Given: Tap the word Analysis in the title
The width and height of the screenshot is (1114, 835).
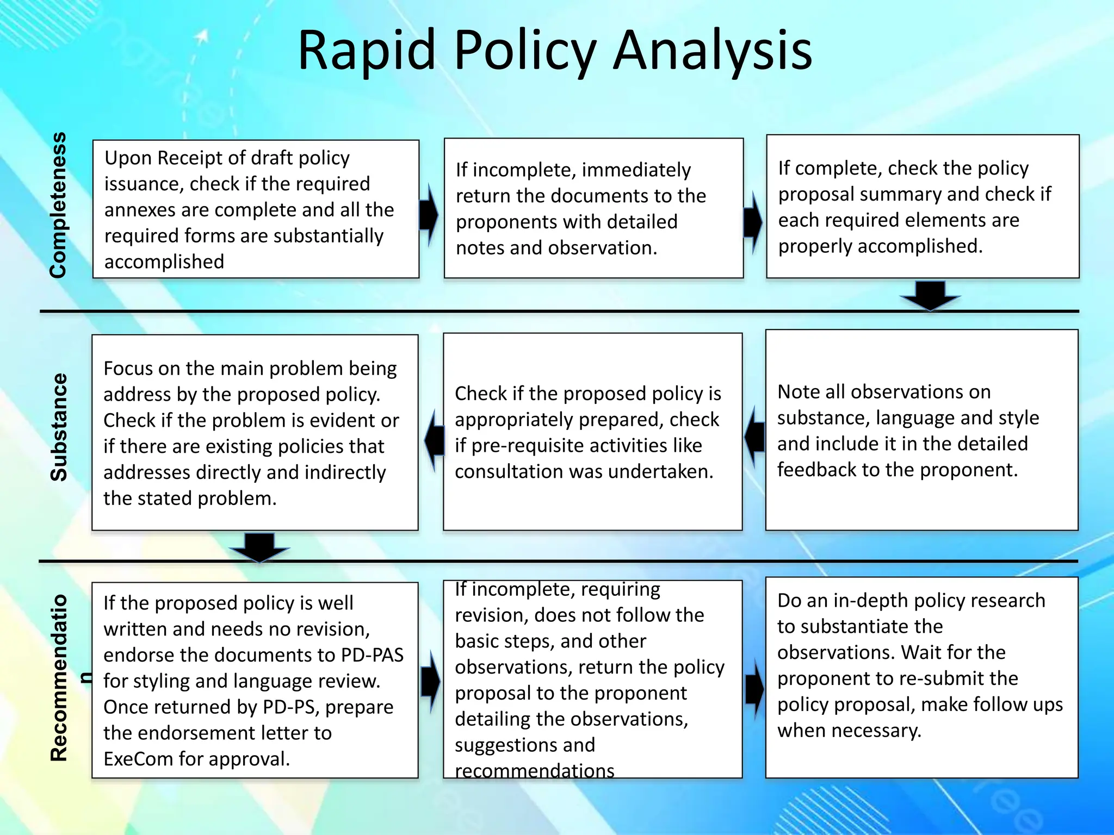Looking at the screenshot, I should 713,50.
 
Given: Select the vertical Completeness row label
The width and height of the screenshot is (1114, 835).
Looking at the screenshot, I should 58,205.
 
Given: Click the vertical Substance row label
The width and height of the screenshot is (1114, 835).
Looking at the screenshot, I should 58,427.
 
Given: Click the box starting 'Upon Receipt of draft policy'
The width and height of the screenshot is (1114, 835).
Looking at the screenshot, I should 256,209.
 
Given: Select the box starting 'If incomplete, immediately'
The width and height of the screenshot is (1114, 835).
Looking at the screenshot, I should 593,208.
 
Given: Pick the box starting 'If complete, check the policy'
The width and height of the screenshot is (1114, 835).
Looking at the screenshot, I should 923,207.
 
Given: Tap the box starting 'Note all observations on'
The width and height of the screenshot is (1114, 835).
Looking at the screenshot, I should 921,430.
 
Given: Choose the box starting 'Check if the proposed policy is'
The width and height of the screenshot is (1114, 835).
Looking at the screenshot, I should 592,432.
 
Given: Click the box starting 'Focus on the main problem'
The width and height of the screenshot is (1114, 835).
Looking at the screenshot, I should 255,433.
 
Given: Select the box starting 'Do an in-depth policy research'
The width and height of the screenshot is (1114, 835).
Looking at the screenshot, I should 921,677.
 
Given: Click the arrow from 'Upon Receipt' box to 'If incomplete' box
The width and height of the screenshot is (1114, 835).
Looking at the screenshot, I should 429,215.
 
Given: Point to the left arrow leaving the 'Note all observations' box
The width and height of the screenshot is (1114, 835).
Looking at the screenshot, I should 754,437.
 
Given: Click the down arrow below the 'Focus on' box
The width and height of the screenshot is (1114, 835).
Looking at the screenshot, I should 259,547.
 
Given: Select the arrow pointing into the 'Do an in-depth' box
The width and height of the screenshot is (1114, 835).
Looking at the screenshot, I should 754,689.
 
